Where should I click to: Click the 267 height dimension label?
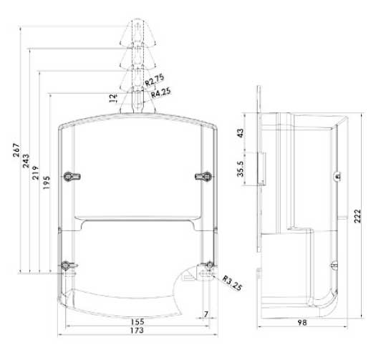coord(16,150)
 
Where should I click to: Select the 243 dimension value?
coord(26,161)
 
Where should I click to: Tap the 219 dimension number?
coord(36,172)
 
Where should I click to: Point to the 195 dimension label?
coord(46,183)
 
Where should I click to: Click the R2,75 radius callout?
coord(155,80)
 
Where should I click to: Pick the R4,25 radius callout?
coord(160,92)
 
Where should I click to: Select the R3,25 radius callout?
coord(232,283)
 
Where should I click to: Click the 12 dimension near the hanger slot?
coord(113,98)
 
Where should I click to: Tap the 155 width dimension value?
coord(138,322)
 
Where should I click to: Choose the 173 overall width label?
coord(137,331)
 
